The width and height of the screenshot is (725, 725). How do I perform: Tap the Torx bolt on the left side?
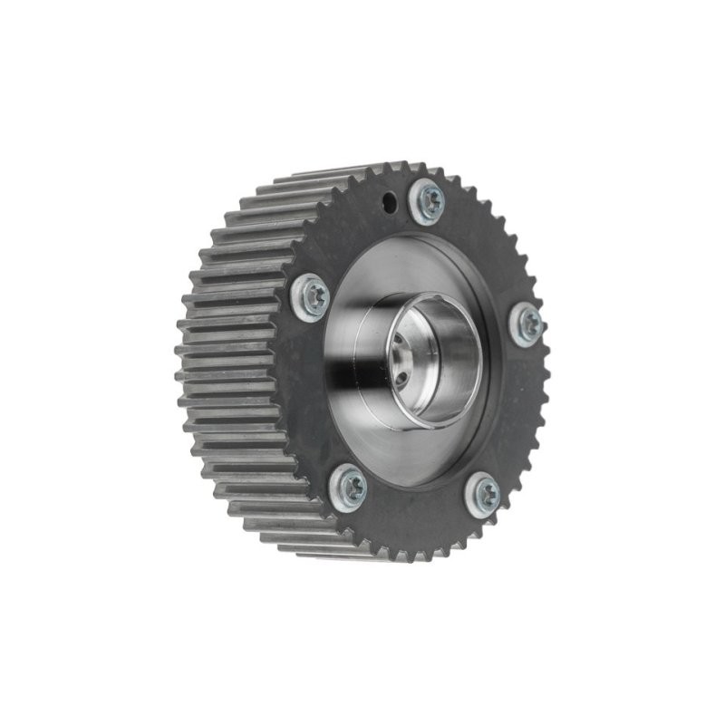(312, 295)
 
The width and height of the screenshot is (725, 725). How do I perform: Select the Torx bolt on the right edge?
(526, 324)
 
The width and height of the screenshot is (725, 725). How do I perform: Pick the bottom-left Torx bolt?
(348, 484)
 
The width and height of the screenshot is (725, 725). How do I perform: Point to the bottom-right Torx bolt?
(483, 496)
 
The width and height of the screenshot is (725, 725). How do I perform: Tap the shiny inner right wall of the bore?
(467, 362)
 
